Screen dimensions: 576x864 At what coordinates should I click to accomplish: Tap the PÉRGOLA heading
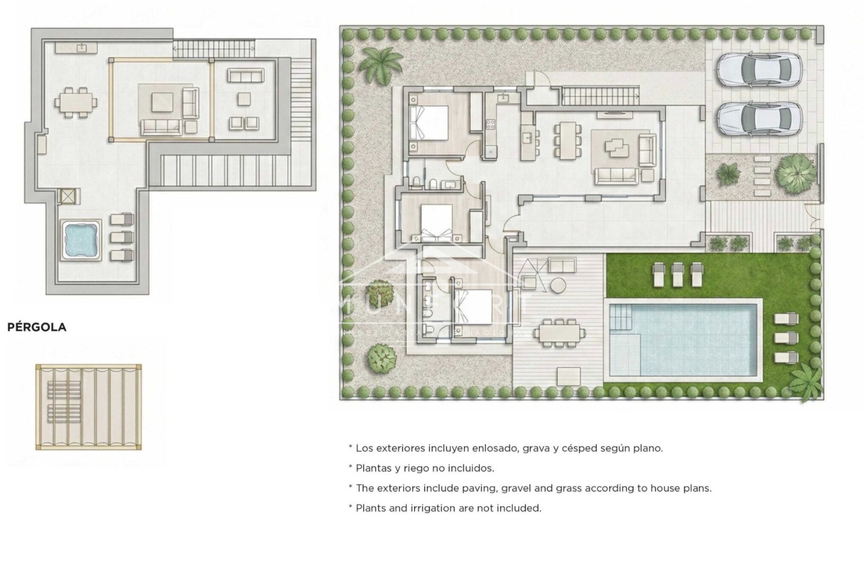(x=37, y=327)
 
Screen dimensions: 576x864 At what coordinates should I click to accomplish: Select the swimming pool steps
(x=621, y=317)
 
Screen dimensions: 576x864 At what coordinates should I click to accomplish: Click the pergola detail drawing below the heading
(x=89, y=407)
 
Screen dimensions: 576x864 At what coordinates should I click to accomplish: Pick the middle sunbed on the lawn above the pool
(x=677, y=274)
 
